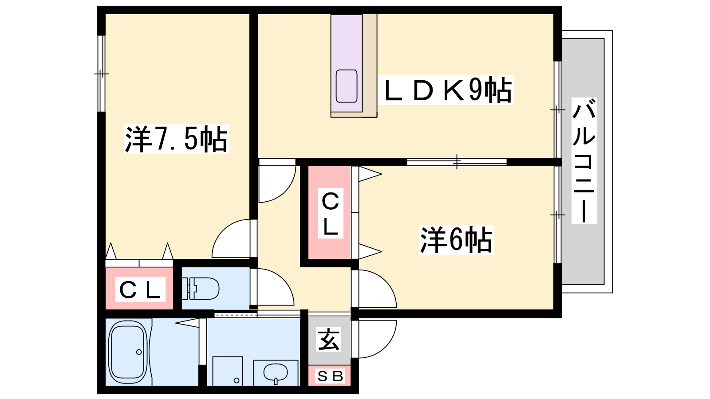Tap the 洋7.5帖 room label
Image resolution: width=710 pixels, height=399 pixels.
point(177,139)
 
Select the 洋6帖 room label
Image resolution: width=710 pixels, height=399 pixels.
point(456,240)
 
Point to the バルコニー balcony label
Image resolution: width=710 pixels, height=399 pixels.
point(584,160)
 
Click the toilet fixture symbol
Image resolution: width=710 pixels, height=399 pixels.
point(200,289)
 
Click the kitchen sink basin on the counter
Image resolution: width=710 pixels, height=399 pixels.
point(347,86)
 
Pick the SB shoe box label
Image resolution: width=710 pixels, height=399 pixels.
point(330,376)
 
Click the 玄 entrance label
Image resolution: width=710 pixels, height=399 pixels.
point(329,340)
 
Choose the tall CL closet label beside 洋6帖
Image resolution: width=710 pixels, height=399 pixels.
point(330,213)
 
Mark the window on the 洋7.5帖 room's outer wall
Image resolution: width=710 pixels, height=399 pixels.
point(101,74)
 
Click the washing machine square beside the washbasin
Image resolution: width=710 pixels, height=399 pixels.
point(228,371)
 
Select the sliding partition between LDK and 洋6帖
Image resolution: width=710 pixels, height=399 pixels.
point(457,162)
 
